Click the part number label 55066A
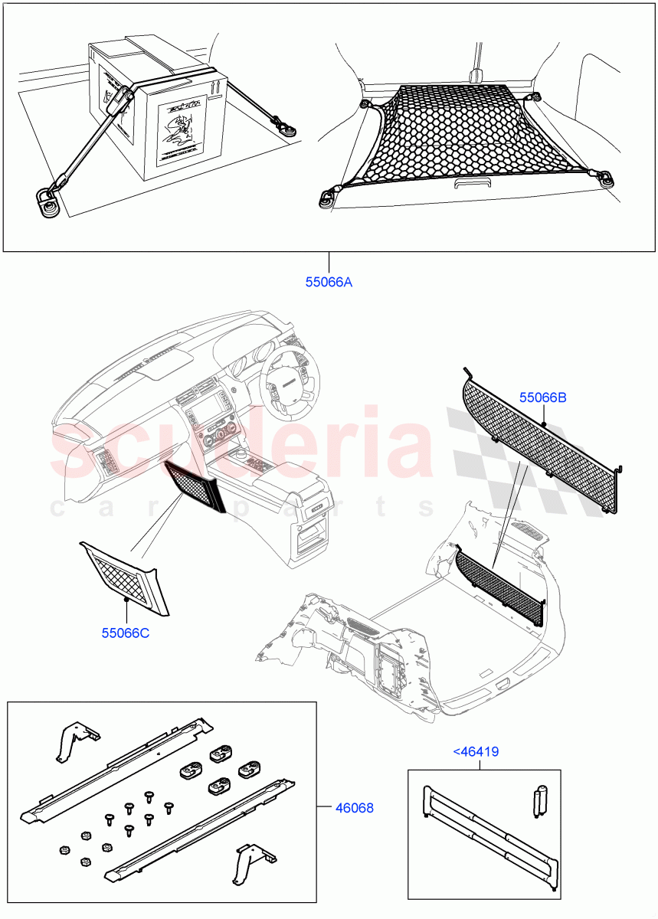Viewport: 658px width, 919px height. [x=329, y=283]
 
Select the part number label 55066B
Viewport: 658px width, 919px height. [x=542, y=397]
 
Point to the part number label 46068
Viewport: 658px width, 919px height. [x=354, y=807]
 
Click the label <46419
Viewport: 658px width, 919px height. [x=476, y=752]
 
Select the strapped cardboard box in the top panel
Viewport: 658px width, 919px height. [x=153, y=107]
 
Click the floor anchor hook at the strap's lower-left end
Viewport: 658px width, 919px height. [x=47, y=200]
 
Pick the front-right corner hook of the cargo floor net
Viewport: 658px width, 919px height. [x=609, y=179]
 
